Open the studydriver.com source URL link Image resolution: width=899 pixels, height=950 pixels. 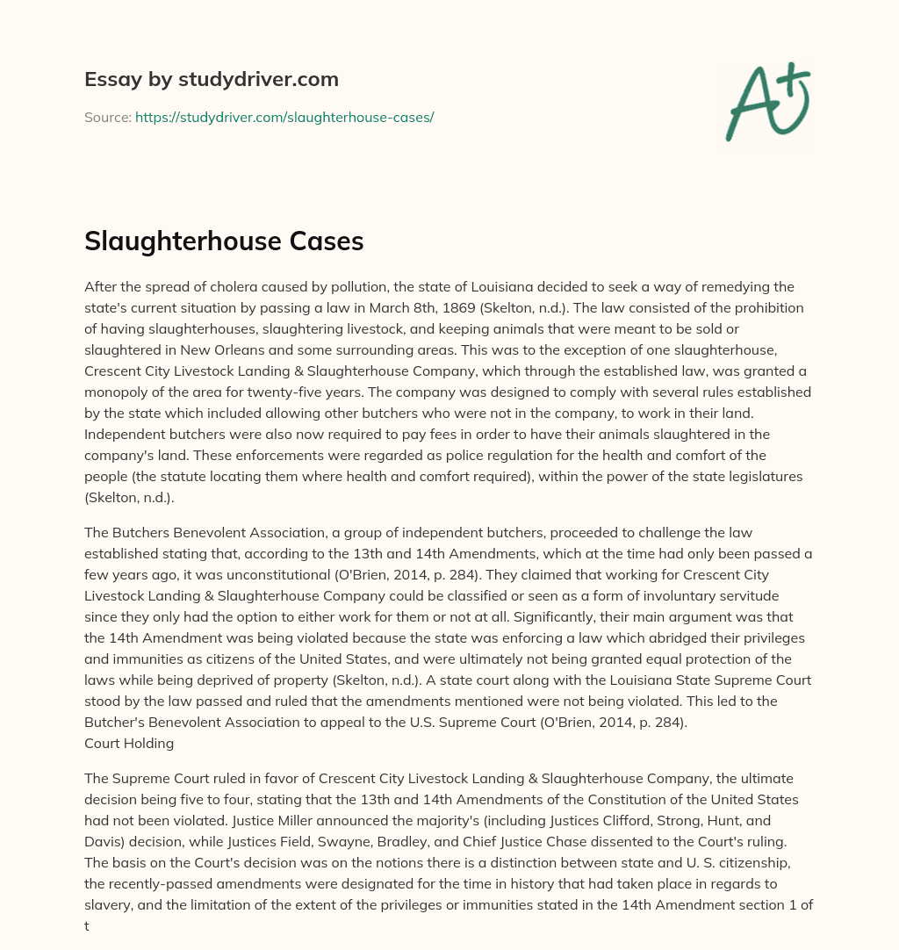[x=284, y=117]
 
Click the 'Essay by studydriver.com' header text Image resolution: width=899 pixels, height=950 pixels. [x=211, y=79]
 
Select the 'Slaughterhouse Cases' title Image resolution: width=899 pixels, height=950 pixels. [x=224, y=242]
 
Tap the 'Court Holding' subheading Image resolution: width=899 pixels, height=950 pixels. [x=129, y=743]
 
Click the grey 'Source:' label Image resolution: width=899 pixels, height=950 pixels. [x=107, y=117]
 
